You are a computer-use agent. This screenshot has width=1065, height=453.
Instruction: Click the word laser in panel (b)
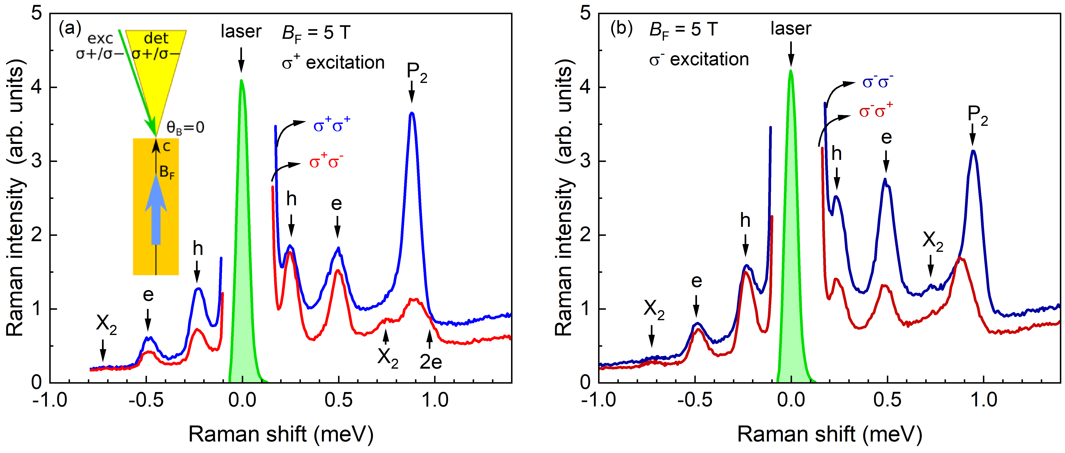(790, 29)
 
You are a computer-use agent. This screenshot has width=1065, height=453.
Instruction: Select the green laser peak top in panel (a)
(241, 81)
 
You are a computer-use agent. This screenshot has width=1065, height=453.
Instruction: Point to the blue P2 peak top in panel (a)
(411, 113)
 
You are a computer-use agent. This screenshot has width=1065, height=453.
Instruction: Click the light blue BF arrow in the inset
(156, 211)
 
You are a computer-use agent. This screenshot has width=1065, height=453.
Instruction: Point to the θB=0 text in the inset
(185, 128)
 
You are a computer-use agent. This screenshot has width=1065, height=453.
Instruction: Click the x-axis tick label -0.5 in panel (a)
(146, 400)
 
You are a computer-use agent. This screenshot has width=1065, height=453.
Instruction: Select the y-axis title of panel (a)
(16, 198)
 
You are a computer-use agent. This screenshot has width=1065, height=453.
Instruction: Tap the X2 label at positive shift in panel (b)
(933, 241)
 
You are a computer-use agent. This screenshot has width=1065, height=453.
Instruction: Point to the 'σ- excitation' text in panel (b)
(699, 60)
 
